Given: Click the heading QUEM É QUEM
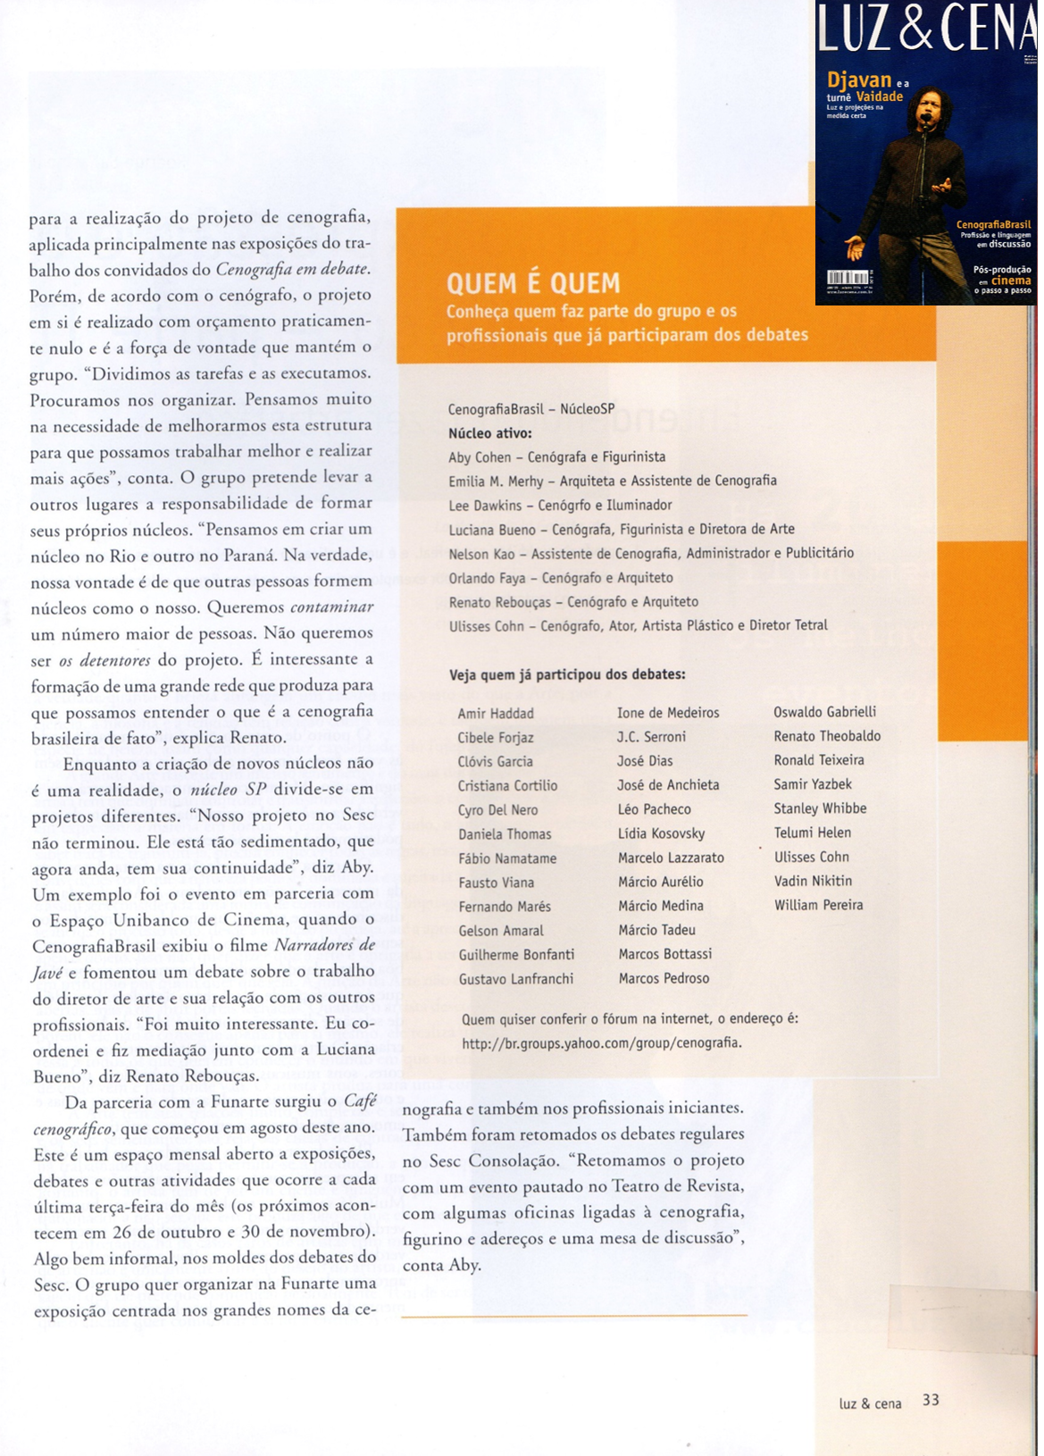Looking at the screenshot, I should tap(533, 284).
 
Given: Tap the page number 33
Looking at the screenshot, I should tap(931, 1400).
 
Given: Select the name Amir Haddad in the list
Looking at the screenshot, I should tap(496, 714).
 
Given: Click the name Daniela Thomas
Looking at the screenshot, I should tap(505, 834).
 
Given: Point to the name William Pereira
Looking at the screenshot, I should tap(818, 905).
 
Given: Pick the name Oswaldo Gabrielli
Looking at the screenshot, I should tap(824, 712).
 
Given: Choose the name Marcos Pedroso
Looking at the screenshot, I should tap(664, 978).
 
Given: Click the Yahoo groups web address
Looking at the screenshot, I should tap(601, 1042).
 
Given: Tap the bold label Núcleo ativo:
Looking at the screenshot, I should tap(489, 433).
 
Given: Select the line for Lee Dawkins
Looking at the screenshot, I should tap(560, 505).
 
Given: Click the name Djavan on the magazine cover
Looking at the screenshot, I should tap(859, 79).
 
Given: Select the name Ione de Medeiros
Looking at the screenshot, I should tap(668, 713).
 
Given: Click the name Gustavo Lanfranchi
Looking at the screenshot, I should tap(516, 979).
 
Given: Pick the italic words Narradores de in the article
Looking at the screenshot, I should tap(324, 945).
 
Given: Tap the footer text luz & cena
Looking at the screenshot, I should tap(870, 1403).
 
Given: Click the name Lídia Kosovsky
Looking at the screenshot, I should tap(661, 833).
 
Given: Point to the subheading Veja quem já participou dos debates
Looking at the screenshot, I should tap(567, 674).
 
